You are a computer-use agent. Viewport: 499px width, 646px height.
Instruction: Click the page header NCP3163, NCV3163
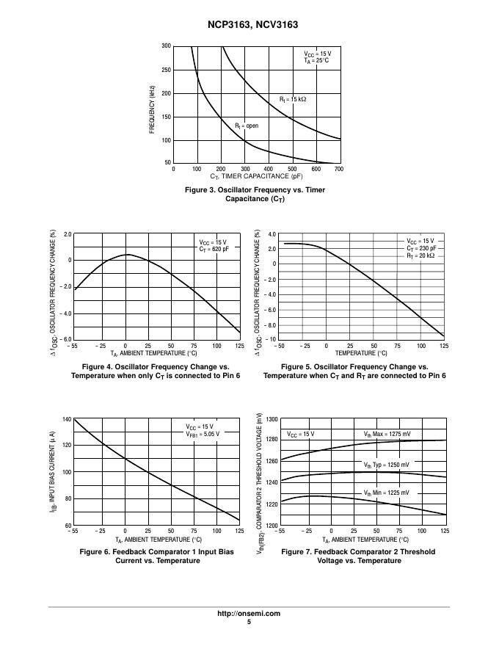[x=249, y=25]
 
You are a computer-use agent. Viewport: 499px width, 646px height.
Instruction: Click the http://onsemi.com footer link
[x=249, y=614]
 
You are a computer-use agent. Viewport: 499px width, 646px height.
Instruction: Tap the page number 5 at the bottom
[x=249, y=622]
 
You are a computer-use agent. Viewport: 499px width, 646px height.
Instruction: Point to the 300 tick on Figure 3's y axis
[x=167, y=46]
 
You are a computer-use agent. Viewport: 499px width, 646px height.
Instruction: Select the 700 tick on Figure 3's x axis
[x=338, y=169]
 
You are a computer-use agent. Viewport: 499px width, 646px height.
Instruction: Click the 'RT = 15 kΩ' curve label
[x=293, y=99]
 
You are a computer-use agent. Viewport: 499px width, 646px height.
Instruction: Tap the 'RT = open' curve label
[x=247, y=126]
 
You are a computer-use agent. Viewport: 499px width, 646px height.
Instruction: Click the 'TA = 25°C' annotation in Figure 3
[x=317, y=61]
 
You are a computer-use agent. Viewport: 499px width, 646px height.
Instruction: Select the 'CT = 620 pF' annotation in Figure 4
[x=213, y=250]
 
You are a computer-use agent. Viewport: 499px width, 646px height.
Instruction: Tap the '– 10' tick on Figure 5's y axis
[x=269, y=340]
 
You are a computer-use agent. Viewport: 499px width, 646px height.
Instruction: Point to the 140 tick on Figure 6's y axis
[x=66, y=419]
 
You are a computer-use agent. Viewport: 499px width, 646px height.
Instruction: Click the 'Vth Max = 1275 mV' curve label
[x=387, y=434]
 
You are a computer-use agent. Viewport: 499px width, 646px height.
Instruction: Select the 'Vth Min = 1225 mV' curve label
[x=386, y=493]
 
